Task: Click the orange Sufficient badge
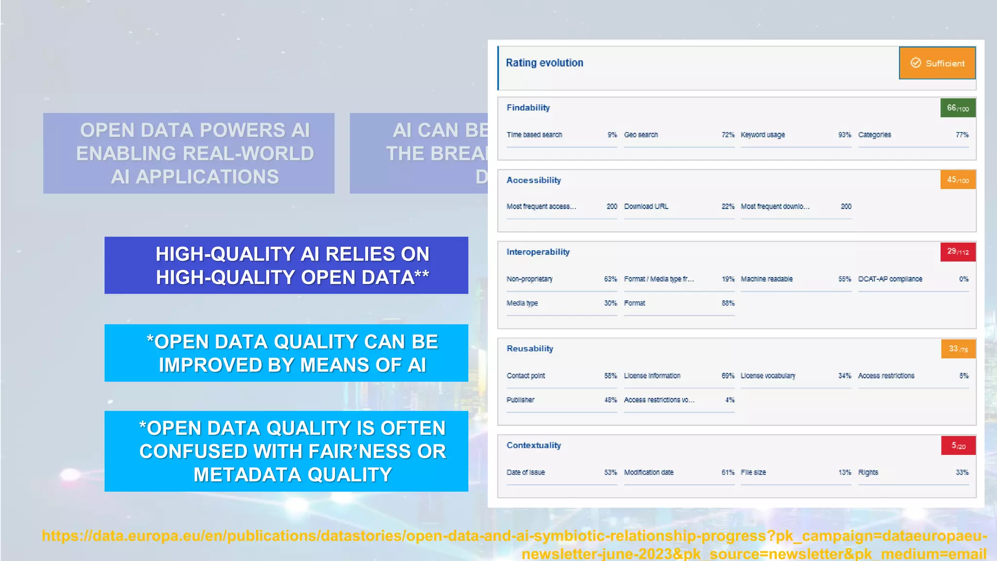click(937, 63)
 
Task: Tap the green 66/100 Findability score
click(958, 108)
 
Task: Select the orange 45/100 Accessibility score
click(958, 180)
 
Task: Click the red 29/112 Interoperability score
click(958, 252)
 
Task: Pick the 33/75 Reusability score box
click(958, 349)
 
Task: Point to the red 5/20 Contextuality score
click(958, 446)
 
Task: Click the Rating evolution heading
click(544, 63)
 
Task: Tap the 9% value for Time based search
click(612, 135)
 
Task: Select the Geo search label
click(641, 135)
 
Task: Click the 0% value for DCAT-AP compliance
click(963, 279)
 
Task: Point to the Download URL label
click(646, 206)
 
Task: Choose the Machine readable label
click(766, 279)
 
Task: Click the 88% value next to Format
click(728, 303)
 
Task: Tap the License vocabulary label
click(768, 376)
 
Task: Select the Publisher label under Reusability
click(520, 400)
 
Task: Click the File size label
click(753, 472)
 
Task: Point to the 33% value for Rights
click(962, 472)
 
